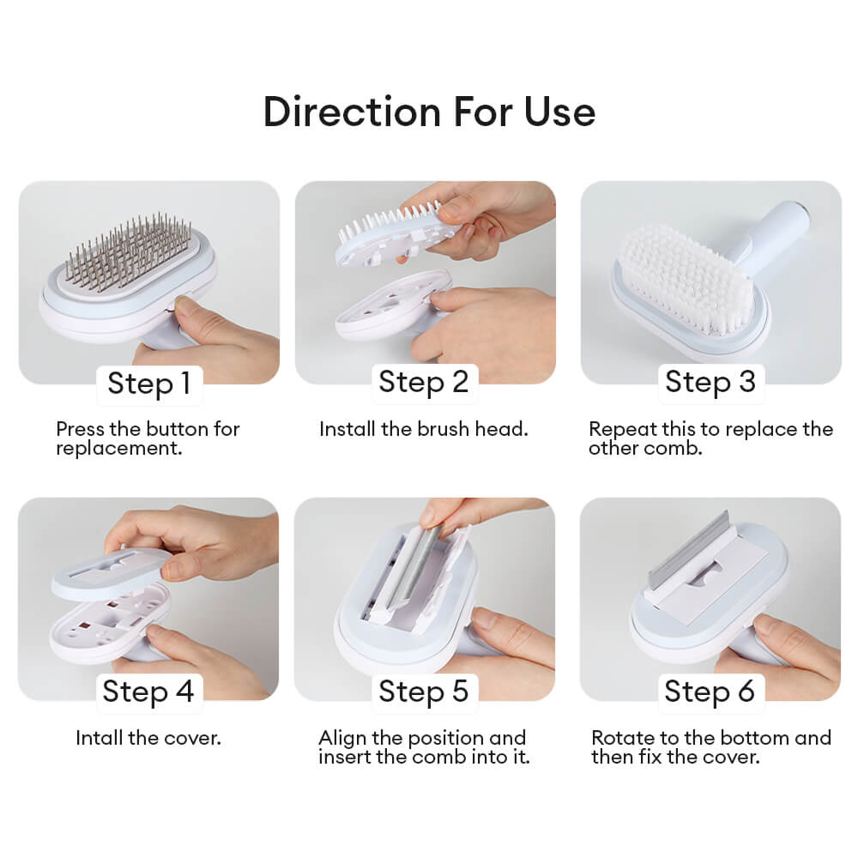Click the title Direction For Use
point(429,112)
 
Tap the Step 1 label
point(149,383)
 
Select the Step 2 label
point(424,382)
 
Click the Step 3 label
point(710,382)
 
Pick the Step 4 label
point(148,691)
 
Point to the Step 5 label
point(424,691)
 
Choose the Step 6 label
point(710,691)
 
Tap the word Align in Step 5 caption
point(342,738)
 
